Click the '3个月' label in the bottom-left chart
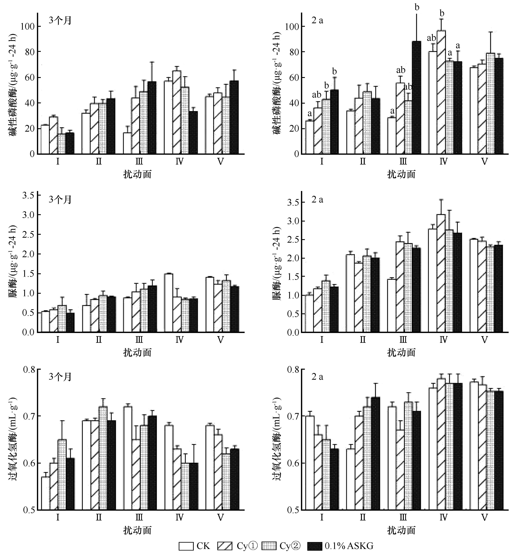(60, 377)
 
